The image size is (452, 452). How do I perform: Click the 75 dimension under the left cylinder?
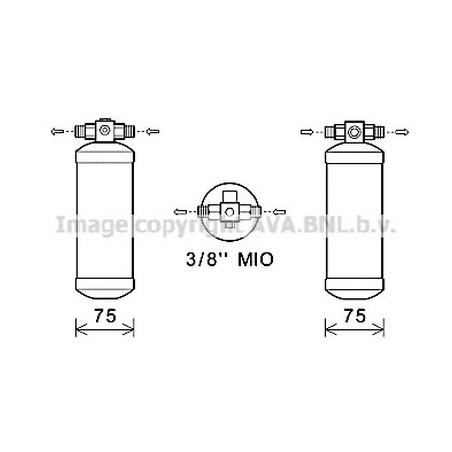(105, 315)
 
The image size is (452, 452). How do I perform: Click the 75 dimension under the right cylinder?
(355, 315)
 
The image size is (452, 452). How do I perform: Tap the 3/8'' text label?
(206, 259)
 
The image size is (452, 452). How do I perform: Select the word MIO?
(256, 259)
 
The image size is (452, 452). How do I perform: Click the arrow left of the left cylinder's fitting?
(57, 131)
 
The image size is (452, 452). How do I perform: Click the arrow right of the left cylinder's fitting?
(153, 131)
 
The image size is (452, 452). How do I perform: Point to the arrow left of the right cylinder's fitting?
(307, 132)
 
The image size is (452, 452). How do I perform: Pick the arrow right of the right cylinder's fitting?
(402, 132)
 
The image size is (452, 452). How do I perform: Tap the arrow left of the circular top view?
(180, 211)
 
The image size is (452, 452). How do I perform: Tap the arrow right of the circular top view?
(279, 211)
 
